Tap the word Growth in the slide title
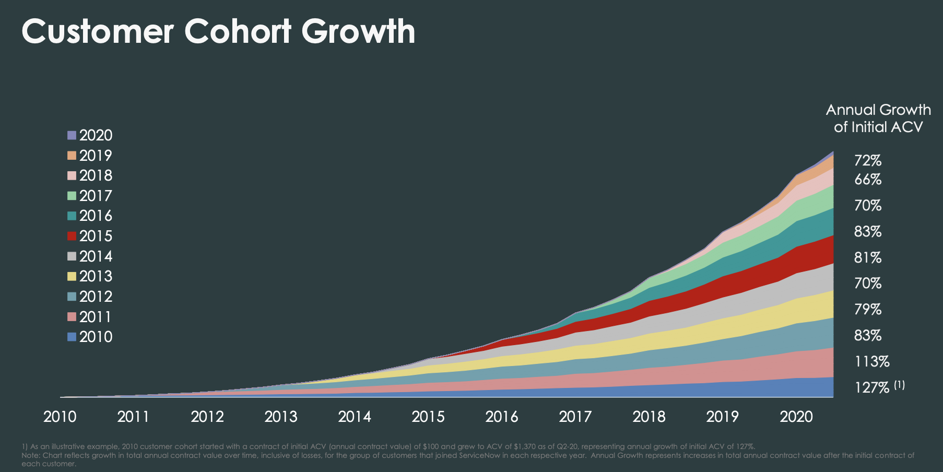pos(358,31)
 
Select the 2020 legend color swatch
pos(72,135)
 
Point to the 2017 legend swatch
pos(72,196)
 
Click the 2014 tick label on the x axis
pos(355,417)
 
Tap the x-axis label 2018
pos(649,417)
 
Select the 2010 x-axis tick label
pos(60,417)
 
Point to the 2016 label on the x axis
pos(502,417)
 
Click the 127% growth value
pos(871,388)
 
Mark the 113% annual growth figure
pos(871,362)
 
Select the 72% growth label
pos(868,161)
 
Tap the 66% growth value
pos(868,180)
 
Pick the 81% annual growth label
pos(868,258)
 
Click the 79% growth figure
pos(868,310)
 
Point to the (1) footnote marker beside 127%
pos(899,385)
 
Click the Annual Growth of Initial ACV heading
pos(878,119)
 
